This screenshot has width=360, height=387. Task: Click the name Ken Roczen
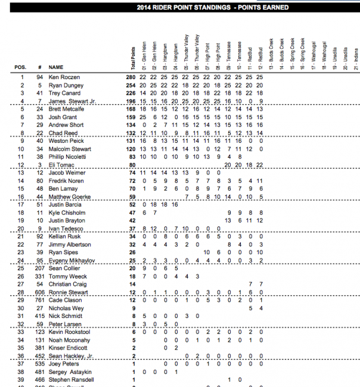tap(64, 77)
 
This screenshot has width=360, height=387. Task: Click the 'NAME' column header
tap(56, 68)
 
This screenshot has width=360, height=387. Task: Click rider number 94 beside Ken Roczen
tap(39, 77)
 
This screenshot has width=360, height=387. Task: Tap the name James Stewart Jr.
tap(71, 102)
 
